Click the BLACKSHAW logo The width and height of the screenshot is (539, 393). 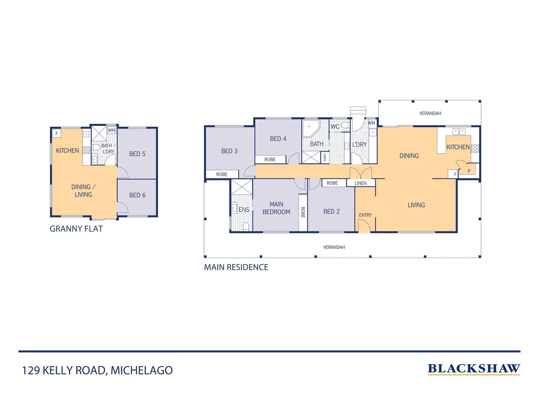[x=473, y=369]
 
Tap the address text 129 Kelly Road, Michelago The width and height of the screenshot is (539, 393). [x=97, y=370]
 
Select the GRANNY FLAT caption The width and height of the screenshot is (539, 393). [x=76, y=229]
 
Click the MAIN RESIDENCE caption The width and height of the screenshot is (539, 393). [x=236, y=267]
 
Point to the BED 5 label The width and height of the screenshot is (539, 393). [x=137, y=154]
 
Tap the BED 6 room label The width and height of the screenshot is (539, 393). [x=137, y=195]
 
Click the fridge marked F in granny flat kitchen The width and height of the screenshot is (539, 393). [x=56, y=134]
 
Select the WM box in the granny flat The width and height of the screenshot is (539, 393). [x=111, y=130]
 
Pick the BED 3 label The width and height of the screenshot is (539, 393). [x=229, y=151]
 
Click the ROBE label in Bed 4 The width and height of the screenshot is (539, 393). [x=270, y=159]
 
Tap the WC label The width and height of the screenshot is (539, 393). [x=335, y=127]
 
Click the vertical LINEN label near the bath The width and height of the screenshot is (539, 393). [x=324, y=157]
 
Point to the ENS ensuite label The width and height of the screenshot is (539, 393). [x=244, y=210]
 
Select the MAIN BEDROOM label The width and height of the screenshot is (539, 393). [x=276, y=208]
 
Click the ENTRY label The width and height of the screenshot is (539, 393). [x=365, y=215]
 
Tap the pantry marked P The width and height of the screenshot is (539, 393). [x=469, y=171]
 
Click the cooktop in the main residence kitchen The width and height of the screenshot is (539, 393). [x=475, y=148]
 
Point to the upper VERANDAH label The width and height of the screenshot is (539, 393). [x=430, y=114]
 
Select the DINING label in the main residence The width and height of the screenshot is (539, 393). [x=409, y=156]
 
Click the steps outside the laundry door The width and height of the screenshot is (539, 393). [x=358, y=111]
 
